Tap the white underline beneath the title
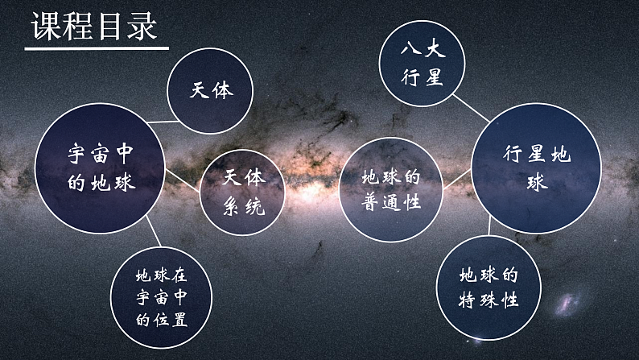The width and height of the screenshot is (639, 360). [95, 49]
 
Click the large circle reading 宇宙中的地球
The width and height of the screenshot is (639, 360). [100, 168]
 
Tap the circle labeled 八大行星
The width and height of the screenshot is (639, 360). [423, 62]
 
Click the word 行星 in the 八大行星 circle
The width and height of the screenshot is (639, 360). [423, 77]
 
